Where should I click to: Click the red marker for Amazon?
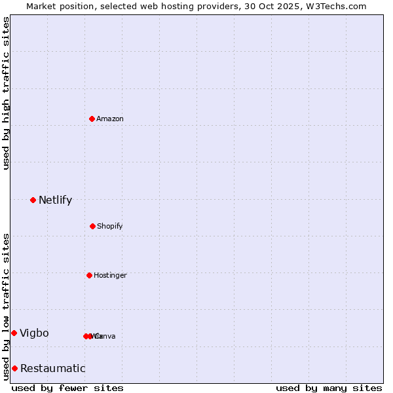92,119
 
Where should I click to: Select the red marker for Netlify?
33,200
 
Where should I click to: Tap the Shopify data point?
92,226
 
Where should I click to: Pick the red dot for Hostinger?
89,275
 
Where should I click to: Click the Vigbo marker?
14,333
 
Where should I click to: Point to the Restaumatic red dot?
14,368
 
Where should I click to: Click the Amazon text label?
110,119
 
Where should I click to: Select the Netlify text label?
55,200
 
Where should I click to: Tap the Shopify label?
110,227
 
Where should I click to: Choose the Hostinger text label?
110,276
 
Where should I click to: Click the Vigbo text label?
34,333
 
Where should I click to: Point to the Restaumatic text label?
52,369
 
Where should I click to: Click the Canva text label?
105,337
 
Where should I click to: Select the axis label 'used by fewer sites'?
67,388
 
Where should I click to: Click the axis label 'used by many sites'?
329,388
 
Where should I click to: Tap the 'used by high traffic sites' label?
6,93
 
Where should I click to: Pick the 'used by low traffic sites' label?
6,307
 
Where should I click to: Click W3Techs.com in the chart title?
338,6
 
